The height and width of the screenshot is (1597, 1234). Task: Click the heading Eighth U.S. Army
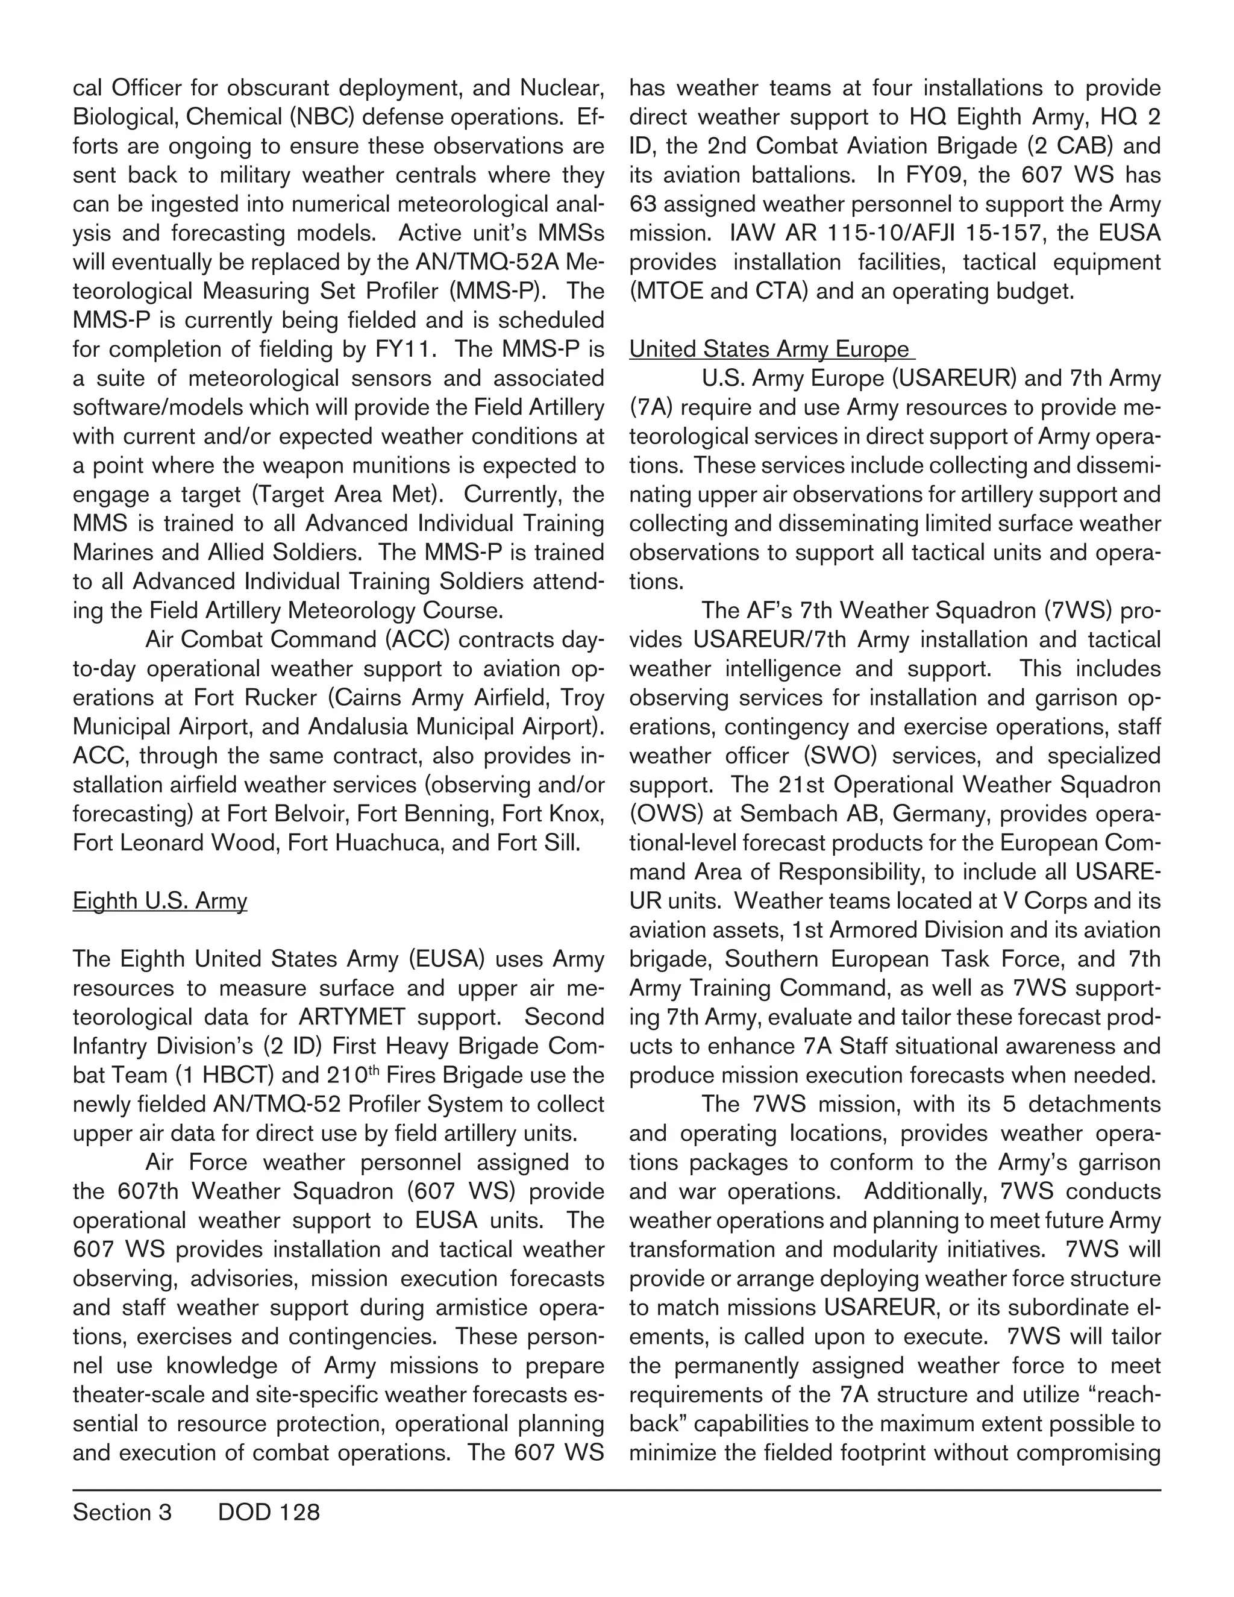(160, 901)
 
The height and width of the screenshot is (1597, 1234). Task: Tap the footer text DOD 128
(268, 1512)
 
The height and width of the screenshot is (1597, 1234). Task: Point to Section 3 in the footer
(122, 1512)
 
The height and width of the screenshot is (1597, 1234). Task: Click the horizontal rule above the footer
(616, 1490)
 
